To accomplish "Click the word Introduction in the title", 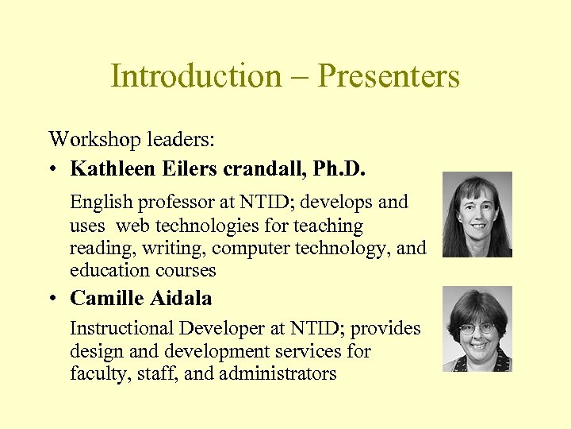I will pyautogui.click(x=195, y=76).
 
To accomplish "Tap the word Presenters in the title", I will pyautogui.click(x=389, y=76).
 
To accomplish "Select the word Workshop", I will pyautogui.click(x=88, y=141).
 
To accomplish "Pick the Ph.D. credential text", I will pyautogui.click(x=349, y=169).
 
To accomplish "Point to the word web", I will pyautogui.click(x=132, y=226).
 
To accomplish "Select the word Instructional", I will pyautogui.click(x=122, y=328).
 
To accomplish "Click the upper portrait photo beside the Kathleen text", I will pyautogui.click(x=477, y=214).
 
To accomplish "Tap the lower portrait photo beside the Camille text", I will pyautogui.click(x=477, y=329).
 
